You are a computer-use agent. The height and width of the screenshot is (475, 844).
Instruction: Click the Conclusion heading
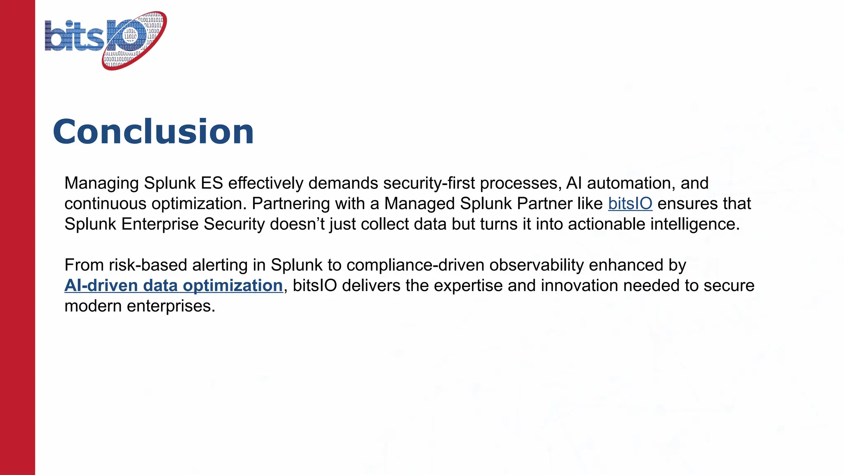153,132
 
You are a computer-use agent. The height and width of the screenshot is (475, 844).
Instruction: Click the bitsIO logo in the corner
105,40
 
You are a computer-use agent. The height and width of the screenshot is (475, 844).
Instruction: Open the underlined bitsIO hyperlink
630,204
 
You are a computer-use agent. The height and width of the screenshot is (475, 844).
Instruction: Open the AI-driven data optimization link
173,286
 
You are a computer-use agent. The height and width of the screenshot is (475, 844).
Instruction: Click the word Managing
101,183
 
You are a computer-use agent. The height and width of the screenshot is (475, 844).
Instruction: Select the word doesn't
297,224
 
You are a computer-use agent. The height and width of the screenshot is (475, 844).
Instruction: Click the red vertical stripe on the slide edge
17,247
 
